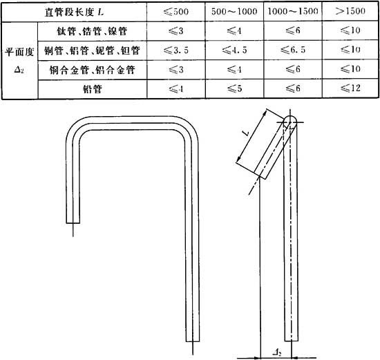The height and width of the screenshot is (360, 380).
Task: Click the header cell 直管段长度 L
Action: point(74,12)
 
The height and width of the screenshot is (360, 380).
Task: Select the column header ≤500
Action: point(176,11)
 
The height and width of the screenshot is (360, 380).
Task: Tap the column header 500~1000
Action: point(234,11)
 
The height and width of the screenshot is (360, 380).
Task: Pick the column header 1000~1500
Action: point(293,11)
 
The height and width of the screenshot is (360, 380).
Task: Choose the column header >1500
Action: point(350,11)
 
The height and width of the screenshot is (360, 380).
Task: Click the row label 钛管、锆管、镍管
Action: point(92,31)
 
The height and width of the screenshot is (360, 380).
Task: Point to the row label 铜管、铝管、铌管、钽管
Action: point(92,50)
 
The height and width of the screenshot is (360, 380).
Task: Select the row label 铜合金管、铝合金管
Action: point(92,70)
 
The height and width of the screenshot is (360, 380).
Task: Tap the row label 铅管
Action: point(92,89)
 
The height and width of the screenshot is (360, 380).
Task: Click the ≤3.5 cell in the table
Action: point(176,50)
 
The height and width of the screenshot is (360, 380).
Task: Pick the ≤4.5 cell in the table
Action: point(234,50)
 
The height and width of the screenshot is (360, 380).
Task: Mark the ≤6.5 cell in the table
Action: point(293,50)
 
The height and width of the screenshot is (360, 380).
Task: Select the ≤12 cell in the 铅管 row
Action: point(350,88)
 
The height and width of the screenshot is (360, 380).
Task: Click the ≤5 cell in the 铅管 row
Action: point(234,88)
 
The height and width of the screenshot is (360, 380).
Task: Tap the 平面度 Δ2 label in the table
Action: point(19,61)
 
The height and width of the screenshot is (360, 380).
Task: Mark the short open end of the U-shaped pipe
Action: point(73,222)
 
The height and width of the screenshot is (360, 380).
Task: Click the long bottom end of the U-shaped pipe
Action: point(193,341)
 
